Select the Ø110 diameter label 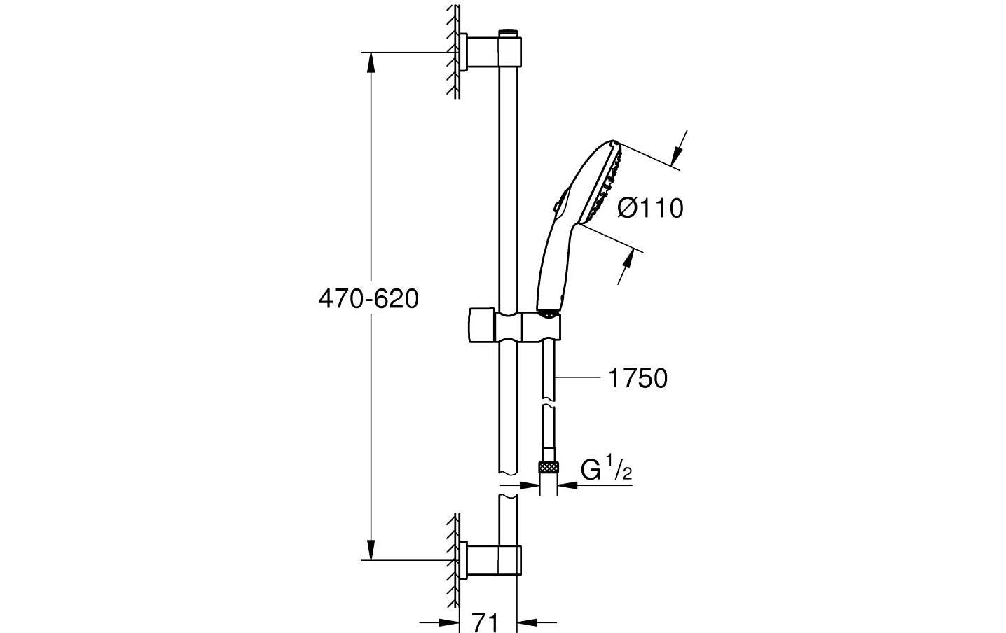649,208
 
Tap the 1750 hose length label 637,379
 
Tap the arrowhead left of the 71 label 448,621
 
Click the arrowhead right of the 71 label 526,621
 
